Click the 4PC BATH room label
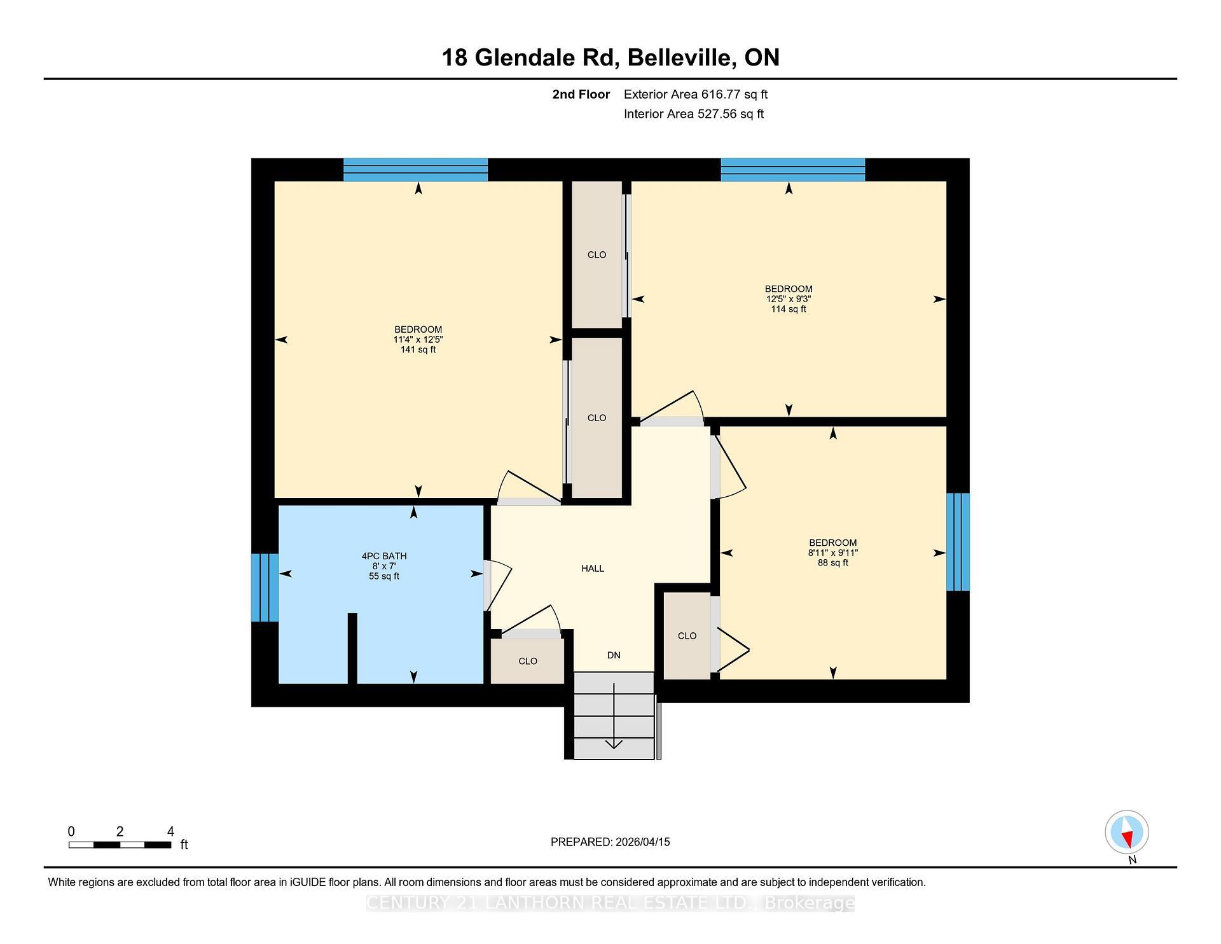point(384,556)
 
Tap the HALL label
point(592,569)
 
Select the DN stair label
point(613,655)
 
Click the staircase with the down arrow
point(614,716)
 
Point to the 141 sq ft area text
point(418,350)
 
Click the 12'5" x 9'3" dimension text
point(789,299)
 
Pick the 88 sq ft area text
point(832,563)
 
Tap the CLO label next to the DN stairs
point(527,662)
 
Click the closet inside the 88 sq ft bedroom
point(687,636)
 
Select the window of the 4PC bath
point(265,588)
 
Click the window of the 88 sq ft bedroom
point(958,542)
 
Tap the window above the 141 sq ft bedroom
point(415,169)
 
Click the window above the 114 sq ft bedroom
point(792,169)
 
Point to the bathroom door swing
point(499,584)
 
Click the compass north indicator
point(1127,832)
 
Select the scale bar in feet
point(120,845)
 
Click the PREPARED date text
point(610,842)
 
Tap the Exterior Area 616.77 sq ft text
point(695,95)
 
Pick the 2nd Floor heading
point(581,95)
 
